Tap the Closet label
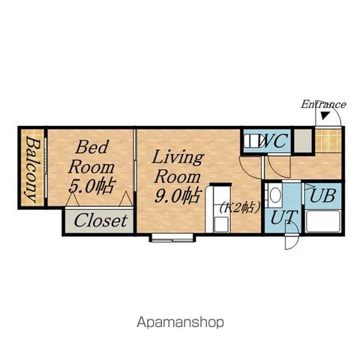100,220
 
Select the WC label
272,141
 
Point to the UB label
322,195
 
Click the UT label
284,217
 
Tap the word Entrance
323,104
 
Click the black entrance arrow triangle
325,115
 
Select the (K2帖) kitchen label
240,207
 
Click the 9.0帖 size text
178,196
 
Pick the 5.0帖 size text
91,185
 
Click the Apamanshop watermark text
180,322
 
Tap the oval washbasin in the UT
275,196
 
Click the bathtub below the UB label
323,221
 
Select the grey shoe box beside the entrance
303,140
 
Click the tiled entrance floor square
328,140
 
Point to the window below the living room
172,238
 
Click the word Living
178,157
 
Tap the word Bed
92,147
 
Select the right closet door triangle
126,199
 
